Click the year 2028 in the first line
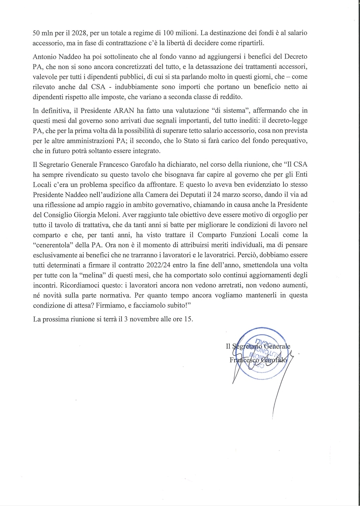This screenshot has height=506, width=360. (x=80, y=33)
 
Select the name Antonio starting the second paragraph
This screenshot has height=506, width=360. (x=45, y=56)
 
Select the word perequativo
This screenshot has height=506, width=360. (x=289, y=140)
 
